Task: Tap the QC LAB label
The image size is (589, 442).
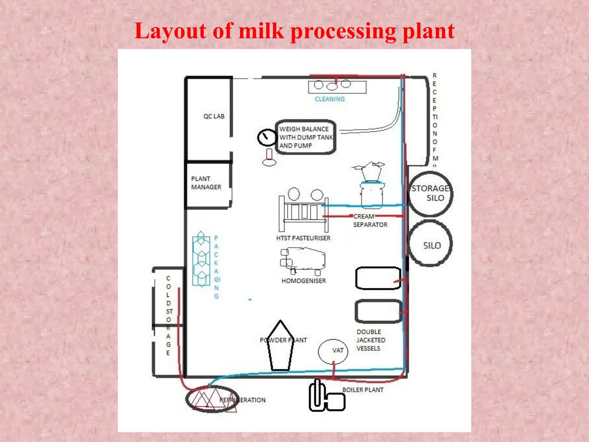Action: [x=214, y=116]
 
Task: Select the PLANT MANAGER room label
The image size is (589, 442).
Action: [x=206, y=183]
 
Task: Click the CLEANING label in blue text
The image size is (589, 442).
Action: [x=330, y=99]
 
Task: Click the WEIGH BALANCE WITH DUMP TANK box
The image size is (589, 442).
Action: [x=306, y=137]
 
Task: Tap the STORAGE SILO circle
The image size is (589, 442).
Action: [x=430, y=193]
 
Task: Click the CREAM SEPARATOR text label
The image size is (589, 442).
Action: [x=370, y=220]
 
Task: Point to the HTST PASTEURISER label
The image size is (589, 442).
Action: [x=303, y=238]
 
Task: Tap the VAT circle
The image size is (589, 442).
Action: [x=333, y=351]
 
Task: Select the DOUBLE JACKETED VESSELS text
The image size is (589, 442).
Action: [x=371, y=340]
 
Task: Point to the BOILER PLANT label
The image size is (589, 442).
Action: [x=363, y=390]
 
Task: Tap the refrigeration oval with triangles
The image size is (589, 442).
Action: [x=212, y=399]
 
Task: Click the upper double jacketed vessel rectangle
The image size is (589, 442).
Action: [x=378, y=278]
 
